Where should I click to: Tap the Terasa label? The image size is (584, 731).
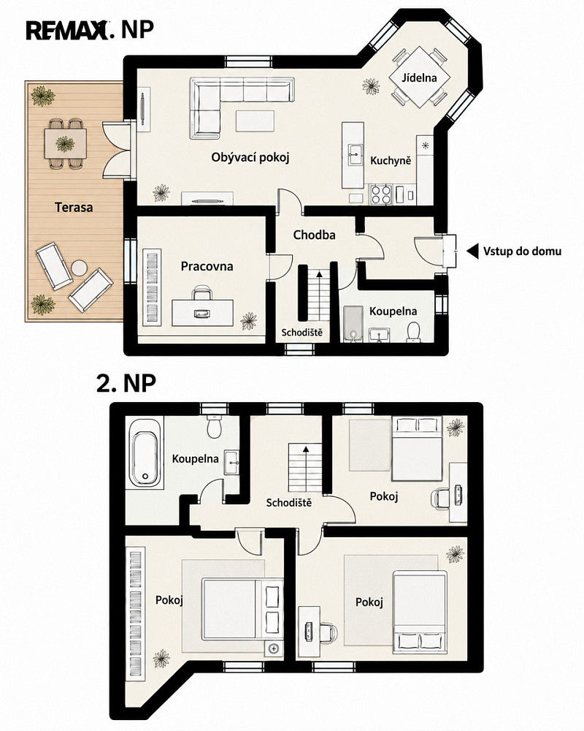click(x=74, y=207)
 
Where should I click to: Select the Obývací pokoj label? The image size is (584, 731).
click(x=250, y=158)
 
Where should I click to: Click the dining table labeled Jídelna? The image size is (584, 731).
click(x=420, y=77)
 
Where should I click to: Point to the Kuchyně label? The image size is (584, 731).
click(x=391, y=161)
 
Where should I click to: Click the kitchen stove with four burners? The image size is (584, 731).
click(x=380, y=194)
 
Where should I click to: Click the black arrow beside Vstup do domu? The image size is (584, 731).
click(x=473, y=251)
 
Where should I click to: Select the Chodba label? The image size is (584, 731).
click(x=315, y=235)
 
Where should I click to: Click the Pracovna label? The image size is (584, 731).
click(x=207, y=266)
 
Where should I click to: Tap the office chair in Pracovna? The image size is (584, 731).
click(x=202, y=295)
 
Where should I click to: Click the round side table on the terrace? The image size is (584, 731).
click(x=79, y=268)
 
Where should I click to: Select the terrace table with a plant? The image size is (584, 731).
click(x=65, y=143)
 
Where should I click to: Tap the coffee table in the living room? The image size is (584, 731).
click(x=255, y=121)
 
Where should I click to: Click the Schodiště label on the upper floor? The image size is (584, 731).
click(x=289, y=503)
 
